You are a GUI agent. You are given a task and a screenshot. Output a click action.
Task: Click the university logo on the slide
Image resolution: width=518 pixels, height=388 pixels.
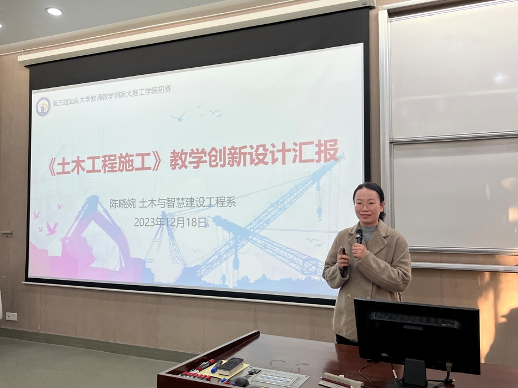(x=43, y=106)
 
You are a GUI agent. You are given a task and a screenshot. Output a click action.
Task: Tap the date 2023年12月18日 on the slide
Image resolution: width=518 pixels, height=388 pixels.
(x=170, y=222)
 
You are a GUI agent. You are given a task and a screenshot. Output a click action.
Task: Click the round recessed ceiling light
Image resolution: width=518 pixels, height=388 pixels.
(x=54, y=11)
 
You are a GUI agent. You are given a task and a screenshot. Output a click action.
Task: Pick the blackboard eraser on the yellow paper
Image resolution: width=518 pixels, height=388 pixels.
(x=231, y=366)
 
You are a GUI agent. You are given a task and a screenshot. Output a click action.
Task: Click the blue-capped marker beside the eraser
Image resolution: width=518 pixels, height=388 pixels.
(x=217, y=366)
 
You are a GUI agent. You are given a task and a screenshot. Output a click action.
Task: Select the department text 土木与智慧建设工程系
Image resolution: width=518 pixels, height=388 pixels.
(x=187, y=202)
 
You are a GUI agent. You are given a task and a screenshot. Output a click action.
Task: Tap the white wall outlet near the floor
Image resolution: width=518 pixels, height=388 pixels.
(x=12, y=316)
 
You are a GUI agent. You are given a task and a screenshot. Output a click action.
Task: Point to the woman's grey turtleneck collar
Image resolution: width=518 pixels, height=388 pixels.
(x=368, y=231)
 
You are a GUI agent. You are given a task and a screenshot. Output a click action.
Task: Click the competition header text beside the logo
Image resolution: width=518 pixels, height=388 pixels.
(x=112, y=96)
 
